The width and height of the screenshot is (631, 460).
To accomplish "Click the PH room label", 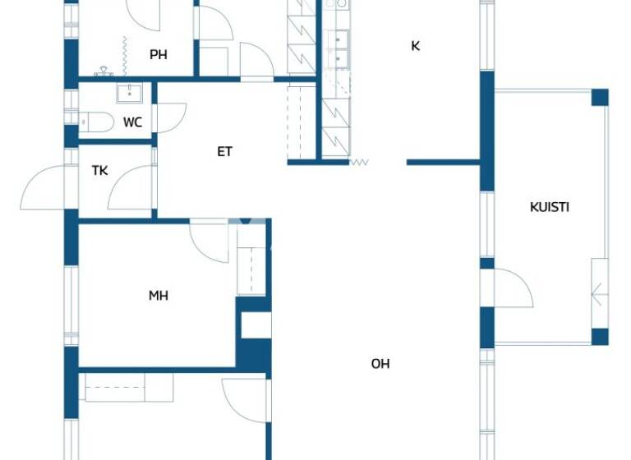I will (x=159, y=55).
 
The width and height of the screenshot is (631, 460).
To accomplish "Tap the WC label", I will (x=132, y=122).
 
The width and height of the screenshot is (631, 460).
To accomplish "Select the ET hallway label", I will (x=224, y=151).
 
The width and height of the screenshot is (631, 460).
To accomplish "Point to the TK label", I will (x=99, y=171).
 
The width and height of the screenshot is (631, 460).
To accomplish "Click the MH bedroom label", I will (x=159, y=296).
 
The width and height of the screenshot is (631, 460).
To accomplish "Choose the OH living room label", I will (x=380, y=363).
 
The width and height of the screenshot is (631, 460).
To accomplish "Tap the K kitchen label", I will (x=415, y=46).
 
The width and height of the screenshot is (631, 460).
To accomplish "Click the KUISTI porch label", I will (x=549, y=207).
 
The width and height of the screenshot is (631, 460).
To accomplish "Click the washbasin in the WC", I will (x=129, y=94).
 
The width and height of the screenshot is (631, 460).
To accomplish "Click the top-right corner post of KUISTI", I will (x=600, y=97).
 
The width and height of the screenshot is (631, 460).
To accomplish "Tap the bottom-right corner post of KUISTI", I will (x=600, y=336).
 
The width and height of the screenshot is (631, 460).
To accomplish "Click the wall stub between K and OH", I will (x=443, y=162).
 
